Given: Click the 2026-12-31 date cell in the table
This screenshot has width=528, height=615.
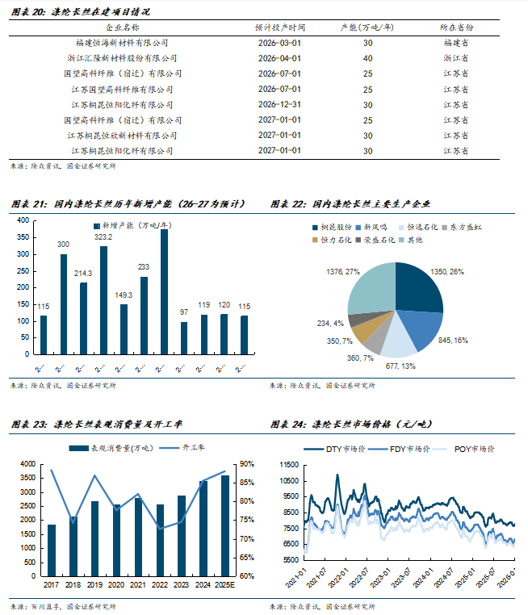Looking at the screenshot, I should coord(279,104).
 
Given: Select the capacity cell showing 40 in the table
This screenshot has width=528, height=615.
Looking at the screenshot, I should coord(368,58).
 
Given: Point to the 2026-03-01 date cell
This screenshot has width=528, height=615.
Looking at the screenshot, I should coord(279,43).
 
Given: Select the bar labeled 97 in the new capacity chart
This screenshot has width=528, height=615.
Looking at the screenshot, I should coord(184,338).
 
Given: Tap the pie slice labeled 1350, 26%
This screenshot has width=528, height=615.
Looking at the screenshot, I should coord(416,288).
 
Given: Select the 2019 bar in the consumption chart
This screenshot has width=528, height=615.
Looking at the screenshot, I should coord(94,538).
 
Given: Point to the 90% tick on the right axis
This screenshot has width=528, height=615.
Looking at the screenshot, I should coord(247,464).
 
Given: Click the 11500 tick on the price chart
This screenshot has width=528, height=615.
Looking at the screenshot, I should coord(287,464).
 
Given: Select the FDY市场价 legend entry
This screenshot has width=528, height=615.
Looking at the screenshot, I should coord(409,448).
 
